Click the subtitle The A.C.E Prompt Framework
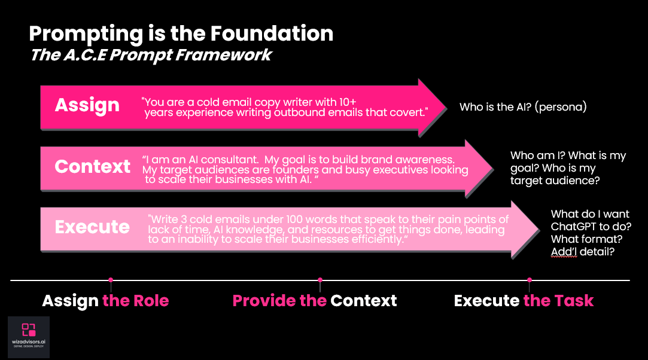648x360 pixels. [x=151, y=56]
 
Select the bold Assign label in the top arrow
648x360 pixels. [x=87, y=105]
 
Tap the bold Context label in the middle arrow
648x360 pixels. [x=93, y=166]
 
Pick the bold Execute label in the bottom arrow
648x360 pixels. [x=92, y=227]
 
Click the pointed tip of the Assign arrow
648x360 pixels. [x=445, y=106]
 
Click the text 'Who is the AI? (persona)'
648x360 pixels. [x=523, y=108]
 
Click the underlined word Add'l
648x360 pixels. [x=564, y=252]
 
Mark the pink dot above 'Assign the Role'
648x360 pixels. [x=111, y=280]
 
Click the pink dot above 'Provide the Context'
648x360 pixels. [x=320, y=280]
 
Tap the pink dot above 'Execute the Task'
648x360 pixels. [x=530, y=280]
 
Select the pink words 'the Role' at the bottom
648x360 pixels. [x=136, y=300]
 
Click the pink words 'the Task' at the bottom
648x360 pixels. [x=558, y=300]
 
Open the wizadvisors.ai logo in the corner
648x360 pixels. [x=29, y=337]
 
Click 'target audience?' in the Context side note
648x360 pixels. [x=555, y=180]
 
